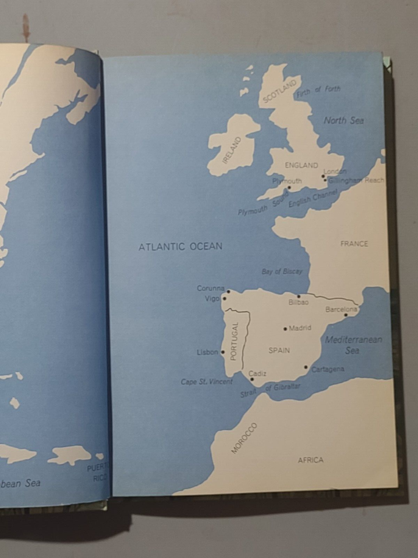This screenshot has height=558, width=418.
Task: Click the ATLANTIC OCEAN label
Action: tap(180, 246)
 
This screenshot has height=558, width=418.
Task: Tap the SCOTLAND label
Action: tap(279, 91)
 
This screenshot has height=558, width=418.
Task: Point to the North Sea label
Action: tap(344, 120)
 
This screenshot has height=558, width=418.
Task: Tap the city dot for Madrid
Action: tap(285, 328)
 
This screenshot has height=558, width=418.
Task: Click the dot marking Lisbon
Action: tap(222, 352)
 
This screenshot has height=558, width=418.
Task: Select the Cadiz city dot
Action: tap(252, 380)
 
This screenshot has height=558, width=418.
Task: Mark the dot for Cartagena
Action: tap(306, 367)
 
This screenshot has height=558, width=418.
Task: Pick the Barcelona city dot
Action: tap(347, 315)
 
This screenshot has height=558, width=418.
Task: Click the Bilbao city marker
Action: tap(299, 296)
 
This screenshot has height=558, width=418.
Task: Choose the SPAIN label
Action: tap(279, 350)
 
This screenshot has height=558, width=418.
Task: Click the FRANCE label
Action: tap(354, 244)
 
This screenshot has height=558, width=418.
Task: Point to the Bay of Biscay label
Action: tap(282, 271)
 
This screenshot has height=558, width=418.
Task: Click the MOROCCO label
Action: tap(244, 438)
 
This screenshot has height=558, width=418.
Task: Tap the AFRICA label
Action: tap(311, 460)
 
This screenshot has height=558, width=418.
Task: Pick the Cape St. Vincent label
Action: tap(207, 382)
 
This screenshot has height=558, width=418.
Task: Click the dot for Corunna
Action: tap(228, 292)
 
